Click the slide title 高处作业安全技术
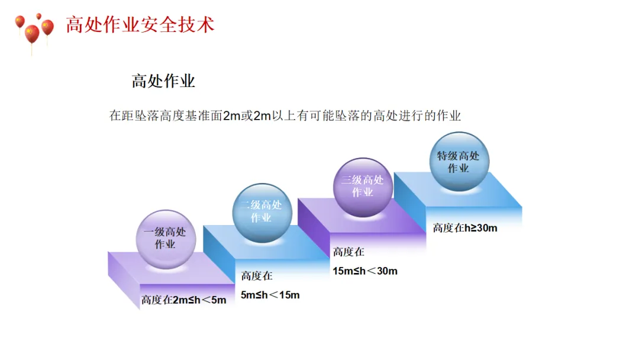[140, 25]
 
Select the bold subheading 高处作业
[163, 81]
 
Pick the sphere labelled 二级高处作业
[261, 211]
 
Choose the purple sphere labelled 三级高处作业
[363, 186]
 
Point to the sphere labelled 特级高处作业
[459, 162]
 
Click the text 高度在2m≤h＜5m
[183, 300]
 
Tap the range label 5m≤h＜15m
[270, 295]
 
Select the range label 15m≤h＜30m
[365, 271]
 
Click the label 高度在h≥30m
[465, 228]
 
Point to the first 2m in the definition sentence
[231, 116]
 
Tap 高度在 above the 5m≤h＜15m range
[257, 276]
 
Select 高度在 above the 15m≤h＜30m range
[348, 252]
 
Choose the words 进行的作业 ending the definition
[428, 116]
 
